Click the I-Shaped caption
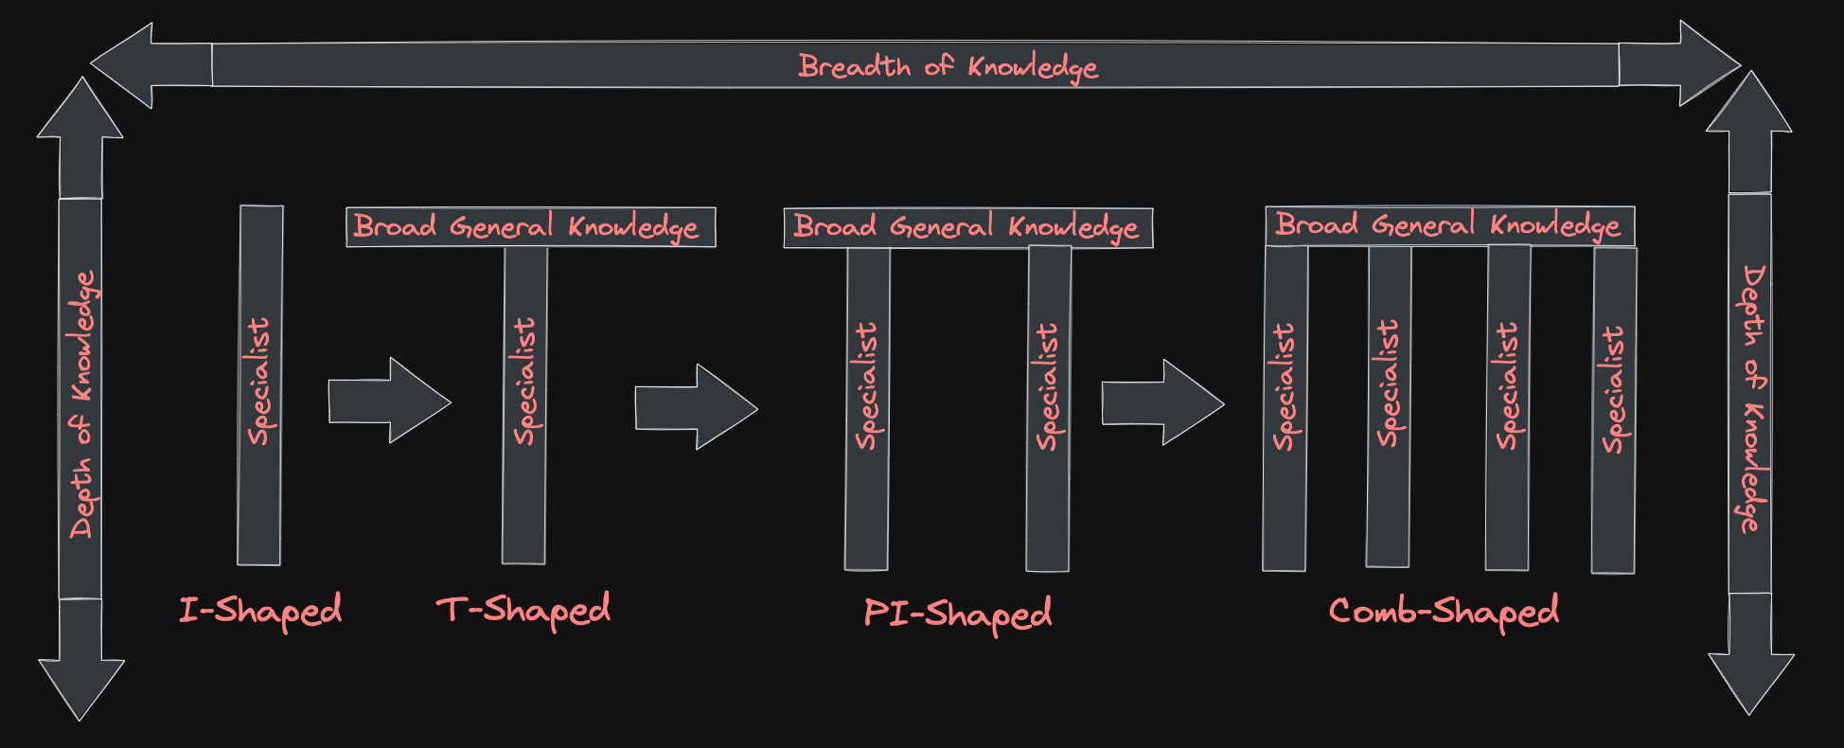coord(260,610)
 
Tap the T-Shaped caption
coord(523,610)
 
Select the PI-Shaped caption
coord(957,614)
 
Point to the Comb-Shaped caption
coord(1444,612)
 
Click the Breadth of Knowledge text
coord(948,66)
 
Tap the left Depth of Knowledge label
coord(82,404)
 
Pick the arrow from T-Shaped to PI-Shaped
coord(697,407)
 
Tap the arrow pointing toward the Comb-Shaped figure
coord(1163,402)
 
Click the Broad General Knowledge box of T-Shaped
coord(530,227)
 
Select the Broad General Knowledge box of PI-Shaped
coord(967,228)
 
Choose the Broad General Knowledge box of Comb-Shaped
coord(1449,225)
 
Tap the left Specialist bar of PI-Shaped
coord(867,407)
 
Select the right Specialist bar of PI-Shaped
coord(1048,407)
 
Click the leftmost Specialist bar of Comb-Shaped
coord(1285,407)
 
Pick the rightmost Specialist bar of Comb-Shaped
coord(1614,409)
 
